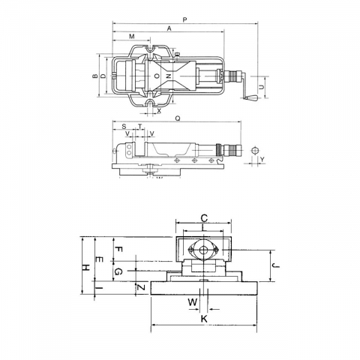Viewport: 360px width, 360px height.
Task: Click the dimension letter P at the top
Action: coord(184,19)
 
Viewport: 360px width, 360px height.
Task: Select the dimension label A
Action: coord(169,28)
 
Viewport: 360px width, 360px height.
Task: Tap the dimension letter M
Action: coord(132,37)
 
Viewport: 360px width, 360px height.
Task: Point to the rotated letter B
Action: coord(95,76)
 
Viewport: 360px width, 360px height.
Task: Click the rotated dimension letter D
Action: coord(103,76)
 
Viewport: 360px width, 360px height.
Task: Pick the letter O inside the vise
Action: coord(157,76)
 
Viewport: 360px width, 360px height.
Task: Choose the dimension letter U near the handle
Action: coord(261,87)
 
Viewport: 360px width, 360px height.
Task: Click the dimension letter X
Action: coord(159,111)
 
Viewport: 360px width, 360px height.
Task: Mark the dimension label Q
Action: coord(178,118)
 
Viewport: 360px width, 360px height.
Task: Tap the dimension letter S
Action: coord(124,127)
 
